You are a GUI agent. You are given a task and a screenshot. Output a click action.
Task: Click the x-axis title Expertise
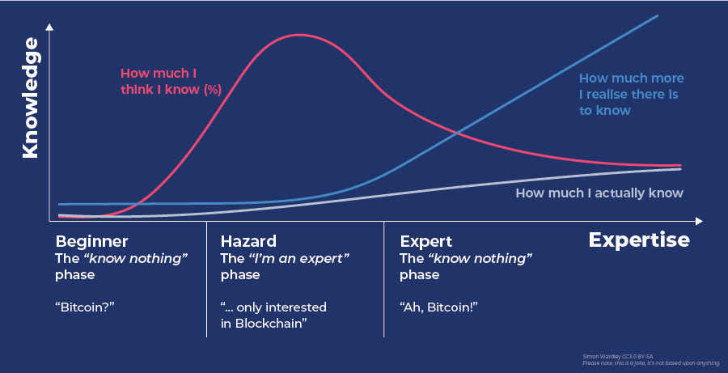tap(638, 240)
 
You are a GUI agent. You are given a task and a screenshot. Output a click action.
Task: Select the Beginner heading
tap(91, 241)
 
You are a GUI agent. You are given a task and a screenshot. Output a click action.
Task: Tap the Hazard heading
tap(248, 241)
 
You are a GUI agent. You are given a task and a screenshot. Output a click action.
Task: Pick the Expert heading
tap(426, 241)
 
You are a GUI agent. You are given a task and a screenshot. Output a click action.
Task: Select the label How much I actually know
tap(599, 193)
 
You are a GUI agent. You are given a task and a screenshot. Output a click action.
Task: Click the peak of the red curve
tap(299, 35)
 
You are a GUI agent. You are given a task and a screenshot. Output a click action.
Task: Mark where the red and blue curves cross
tap(458, 131)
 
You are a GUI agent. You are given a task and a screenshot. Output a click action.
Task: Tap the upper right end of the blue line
tap(656, 16)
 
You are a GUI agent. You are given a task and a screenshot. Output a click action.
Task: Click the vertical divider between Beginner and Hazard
tap(206, 279)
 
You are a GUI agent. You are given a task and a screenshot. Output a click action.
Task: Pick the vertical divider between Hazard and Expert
tap(383, 279)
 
